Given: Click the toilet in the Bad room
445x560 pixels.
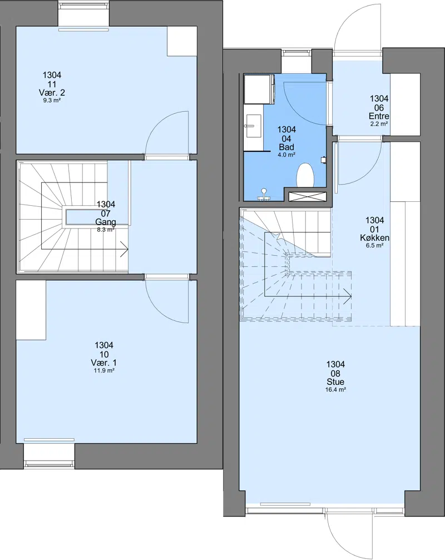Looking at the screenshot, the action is point(305,175).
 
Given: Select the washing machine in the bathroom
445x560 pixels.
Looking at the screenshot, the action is point(259,89).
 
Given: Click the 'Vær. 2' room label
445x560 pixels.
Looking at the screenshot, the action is point(52,92).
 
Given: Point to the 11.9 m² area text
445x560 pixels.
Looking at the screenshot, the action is point(104,371).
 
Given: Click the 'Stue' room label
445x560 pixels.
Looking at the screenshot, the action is point(335,382).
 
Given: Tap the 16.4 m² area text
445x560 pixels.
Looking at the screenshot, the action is point(335,390).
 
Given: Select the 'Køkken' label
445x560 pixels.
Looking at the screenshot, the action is point(375,238).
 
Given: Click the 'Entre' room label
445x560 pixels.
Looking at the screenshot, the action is point(379,116).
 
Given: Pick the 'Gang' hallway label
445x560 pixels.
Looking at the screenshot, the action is point(106,222).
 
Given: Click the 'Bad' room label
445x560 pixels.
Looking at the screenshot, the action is point(286,147).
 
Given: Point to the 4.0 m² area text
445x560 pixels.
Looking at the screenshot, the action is point(286,155).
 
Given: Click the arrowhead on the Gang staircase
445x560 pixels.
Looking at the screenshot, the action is point(124,249).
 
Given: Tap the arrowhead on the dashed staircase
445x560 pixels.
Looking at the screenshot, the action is point(348,296).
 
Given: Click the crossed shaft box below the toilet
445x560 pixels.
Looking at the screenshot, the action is point(308,196).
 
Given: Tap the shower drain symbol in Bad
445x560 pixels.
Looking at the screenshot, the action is point(264,194).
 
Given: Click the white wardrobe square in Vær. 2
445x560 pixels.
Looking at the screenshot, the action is point(182,41).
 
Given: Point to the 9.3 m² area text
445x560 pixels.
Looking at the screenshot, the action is point(52,101).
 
